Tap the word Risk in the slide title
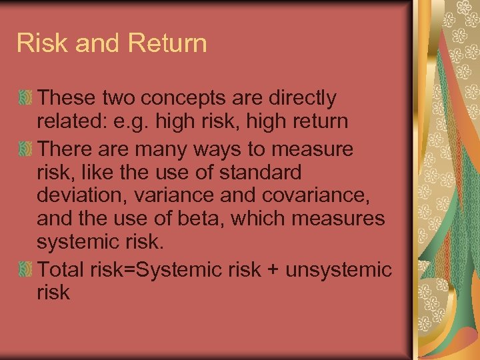tap(42, 43)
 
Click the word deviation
tap(83, 196)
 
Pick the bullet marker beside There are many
tap(25, 148)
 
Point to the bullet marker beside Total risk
tap(25, 270)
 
